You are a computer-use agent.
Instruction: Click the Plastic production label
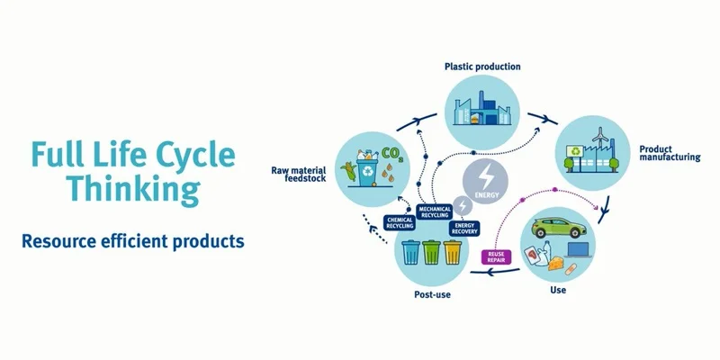(x=482, y=67)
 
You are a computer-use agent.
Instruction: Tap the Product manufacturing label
(x=669, y=152)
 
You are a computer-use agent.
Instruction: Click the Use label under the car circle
(x=558, y=290)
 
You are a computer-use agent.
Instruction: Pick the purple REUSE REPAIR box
(x=496, y=256)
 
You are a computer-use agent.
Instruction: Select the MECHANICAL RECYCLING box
(x=435, y=212)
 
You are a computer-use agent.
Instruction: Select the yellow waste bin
(x=454, y=253)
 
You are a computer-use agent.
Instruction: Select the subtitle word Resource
(x=61, y=242)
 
